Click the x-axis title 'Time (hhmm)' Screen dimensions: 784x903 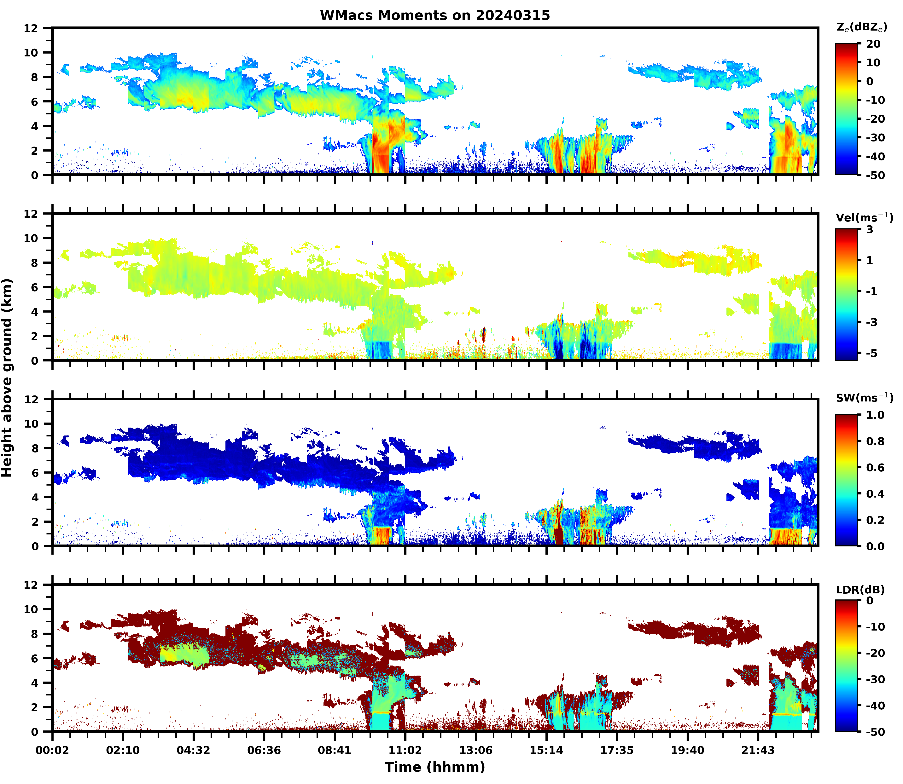click(435, 767)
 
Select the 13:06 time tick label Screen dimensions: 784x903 click(476, 750)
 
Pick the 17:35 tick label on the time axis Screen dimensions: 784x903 click(617, 750)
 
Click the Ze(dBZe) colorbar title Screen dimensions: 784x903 click(861, 28)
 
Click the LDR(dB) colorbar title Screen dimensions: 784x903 click(860, 590)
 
